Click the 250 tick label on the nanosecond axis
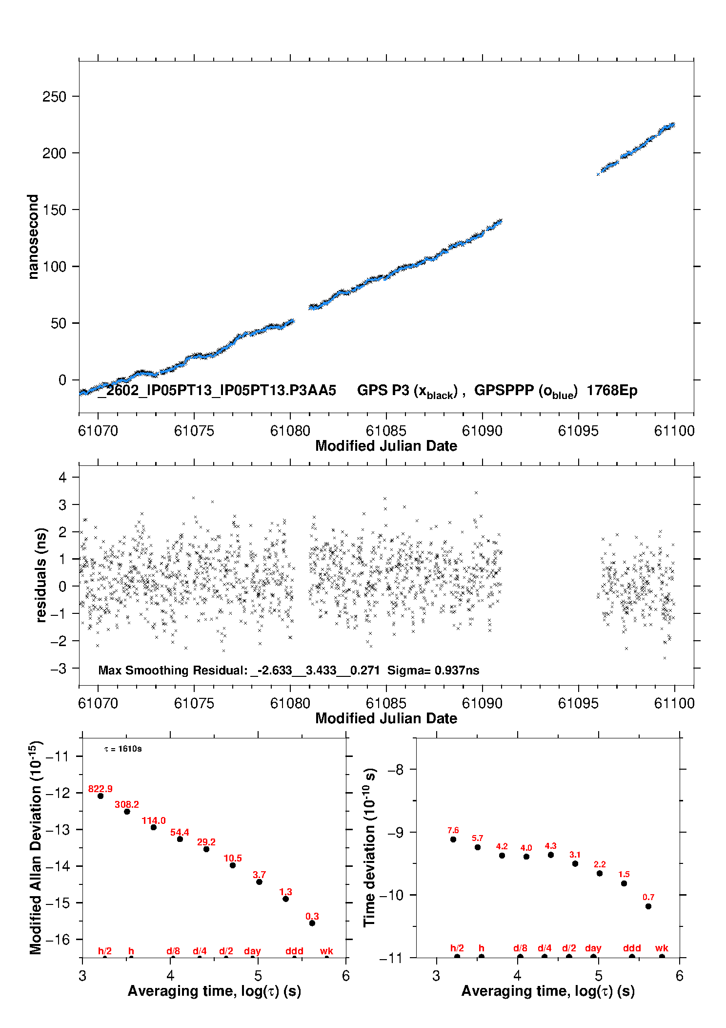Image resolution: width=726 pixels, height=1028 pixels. pos(54,97)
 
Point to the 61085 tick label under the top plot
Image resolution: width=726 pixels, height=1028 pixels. pos(386,431)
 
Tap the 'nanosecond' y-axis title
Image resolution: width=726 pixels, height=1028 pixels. pos(33,236)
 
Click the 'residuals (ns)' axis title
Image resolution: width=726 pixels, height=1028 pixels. pos(41,575)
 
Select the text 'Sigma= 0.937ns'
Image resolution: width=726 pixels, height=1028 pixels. pos(433,670)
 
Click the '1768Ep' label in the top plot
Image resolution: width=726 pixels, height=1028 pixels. pos(612,390)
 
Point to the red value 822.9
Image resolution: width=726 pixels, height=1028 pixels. pos(100,789)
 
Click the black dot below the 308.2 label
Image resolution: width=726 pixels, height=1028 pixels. pos(127,812)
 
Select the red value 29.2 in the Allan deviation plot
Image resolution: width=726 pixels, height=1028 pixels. pos(206,842)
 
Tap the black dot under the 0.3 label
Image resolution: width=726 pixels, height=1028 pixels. pos(312,923)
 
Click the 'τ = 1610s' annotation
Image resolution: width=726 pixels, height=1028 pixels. pos(123,749)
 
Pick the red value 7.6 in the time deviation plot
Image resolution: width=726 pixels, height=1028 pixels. pos(453,830)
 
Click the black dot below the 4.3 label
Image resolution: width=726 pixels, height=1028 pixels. pos(551,855)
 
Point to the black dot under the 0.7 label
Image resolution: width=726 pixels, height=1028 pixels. pos(648,906)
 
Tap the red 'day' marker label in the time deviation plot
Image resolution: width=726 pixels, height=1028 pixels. pos(593,948)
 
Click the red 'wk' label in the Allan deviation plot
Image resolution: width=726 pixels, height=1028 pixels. pos(326,951)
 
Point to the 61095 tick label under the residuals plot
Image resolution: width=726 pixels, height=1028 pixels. pos(578,703)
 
